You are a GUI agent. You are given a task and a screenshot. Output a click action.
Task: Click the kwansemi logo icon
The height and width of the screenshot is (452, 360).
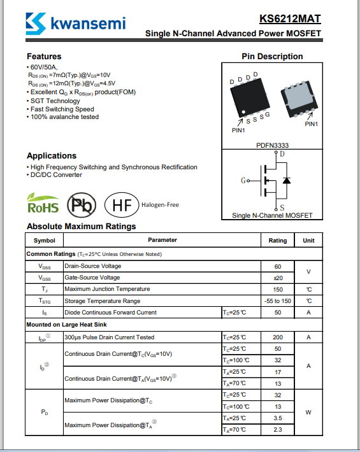pyautogui.click(x=36, y=24)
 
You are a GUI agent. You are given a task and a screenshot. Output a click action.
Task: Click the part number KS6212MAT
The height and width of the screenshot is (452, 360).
pyautogui.click(x=290, y=18)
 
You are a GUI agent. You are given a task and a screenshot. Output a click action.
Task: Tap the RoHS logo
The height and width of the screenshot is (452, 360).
pyautogui.click(x=43, y=203)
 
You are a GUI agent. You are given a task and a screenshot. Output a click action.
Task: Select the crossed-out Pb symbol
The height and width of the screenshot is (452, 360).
pyautogui.click(x=82, y=205)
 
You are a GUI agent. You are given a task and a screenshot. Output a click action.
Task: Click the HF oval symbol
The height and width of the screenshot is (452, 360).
pyautogui.click(x=122, y=205)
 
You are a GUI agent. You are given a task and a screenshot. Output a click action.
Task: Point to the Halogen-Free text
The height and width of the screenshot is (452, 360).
pyautogui.click(x=160, y=205)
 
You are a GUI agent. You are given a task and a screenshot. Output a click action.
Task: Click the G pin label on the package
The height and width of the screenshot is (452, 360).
pyautogui.click(x=268, y=115)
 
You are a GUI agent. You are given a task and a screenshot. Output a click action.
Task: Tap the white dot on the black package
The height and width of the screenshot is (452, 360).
pyautogui.click(x=243, y=112)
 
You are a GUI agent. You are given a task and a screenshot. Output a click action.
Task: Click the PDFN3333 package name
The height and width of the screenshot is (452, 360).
pyautogui.click(x=272, y=145)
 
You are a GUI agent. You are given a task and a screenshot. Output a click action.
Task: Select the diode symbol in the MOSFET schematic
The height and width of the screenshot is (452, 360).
pyautogui.click(x=287, y=180)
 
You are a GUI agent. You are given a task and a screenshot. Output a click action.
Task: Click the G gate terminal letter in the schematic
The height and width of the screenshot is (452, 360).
pyautogui.click(x=243, y=180)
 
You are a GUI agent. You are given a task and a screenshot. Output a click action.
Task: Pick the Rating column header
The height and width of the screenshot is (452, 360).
pyautogui.click(x=278, y=241)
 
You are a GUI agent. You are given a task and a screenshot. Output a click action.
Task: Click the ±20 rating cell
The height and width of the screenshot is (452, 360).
pyautogui.click(x=278, y=278)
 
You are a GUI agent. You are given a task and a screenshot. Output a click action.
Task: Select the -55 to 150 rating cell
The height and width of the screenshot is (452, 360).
pyautogui.click(x=278, y=301)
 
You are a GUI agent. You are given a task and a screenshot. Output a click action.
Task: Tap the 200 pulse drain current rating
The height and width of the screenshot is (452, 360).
pyautogui.click(x=278, y=337)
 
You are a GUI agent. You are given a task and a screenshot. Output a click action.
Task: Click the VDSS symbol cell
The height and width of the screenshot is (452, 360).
pyautogui.click(x=45, y=267)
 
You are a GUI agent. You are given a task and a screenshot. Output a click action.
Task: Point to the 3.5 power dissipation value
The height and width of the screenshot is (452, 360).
pyautogui.click(x=278, y=418)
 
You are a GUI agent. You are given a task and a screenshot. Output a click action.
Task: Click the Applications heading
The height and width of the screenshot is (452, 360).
pyautogui.click(x=52, y=156)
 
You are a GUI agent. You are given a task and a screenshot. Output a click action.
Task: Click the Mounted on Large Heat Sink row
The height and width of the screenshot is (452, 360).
pyautogui.click(x=67, y=325)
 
